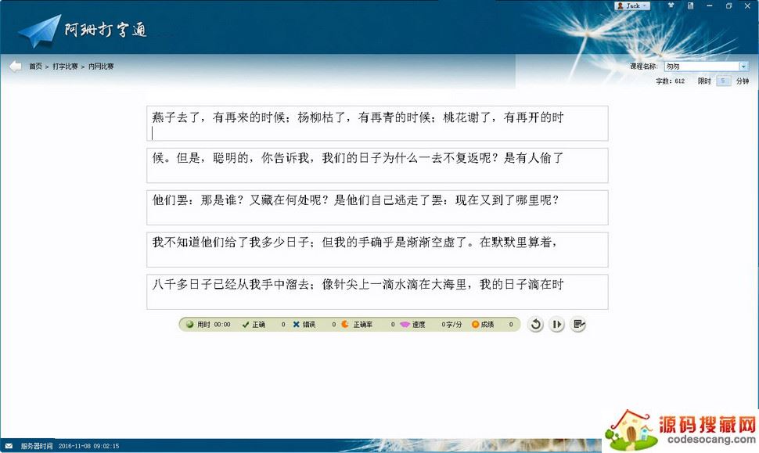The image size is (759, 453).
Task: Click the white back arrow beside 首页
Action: pyautogui.click(x=15, y=67)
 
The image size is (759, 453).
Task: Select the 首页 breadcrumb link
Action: pyautogui.click(x=35, y=67)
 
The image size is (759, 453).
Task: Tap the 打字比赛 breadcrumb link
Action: pyautogui.click(x=65, y=67)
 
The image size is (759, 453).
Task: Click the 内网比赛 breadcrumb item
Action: pyautogui.click(x=101, y=67)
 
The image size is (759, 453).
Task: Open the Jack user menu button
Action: pyautogui.click(x=632, y=5)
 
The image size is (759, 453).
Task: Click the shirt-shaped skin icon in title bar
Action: pyautogui.click(x=671, y=5)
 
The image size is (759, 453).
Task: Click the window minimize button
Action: pyautogui.click(x=709, y=5)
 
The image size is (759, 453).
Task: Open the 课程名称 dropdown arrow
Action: pyautogui.click(x=743, y=67)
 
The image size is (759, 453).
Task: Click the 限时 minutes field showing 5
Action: pyautogui.click(x=723, y=81)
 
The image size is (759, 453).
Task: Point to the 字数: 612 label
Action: pyautogui.click(x=670, y=81)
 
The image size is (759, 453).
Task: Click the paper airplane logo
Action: pyautogui.click(x=39, y=31)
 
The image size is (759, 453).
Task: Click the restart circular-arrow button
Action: pyautogui.click(x=535, y=324)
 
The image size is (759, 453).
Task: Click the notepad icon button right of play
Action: pyautogui.click(x=577, y=324)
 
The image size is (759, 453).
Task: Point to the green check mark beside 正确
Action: pyautogui.click(x=246, y=324)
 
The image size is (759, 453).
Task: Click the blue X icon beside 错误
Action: pyautogui.click(x=297, y=324)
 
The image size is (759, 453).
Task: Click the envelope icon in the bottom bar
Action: pyautogui.click(x=9, y=446)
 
